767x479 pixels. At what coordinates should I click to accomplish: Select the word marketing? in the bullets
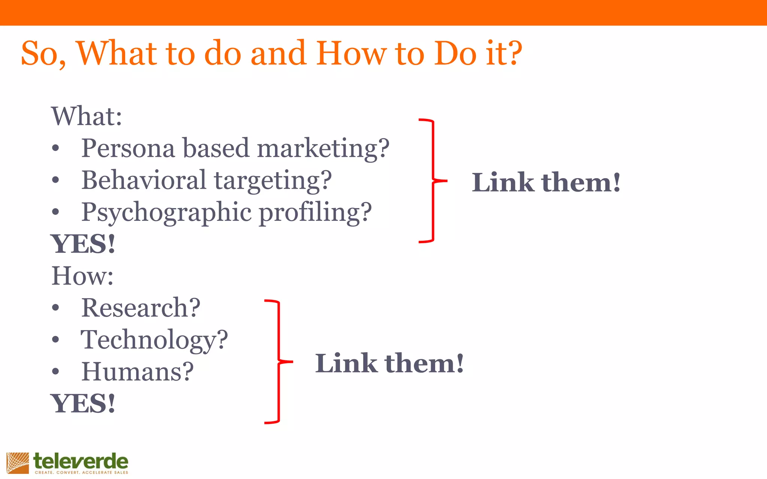(323, 148)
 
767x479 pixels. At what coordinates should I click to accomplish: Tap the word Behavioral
(144, 180)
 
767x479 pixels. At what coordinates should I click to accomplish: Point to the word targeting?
(273, 181)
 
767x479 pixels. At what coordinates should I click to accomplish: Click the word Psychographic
(166, 213)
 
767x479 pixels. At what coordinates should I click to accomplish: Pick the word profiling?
(315, 213)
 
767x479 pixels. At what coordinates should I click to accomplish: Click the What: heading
(87, 116)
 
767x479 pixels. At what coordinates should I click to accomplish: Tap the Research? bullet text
(141, 308)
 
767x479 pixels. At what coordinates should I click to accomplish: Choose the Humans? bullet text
(137, 372)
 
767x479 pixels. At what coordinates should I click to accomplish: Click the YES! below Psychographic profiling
(83, 244)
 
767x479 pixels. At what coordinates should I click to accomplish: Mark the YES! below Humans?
(83, 404)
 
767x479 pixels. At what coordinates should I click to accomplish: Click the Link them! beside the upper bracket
(546, 183)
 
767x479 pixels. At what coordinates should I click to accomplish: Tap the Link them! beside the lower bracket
(389, 363)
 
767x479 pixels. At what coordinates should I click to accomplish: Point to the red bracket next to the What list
(432, 181)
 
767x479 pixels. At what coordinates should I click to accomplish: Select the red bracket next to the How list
(278, 361)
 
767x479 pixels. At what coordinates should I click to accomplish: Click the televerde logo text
(81, 461)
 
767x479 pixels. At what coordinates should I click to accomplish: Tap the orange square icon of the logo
(18, 463)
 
